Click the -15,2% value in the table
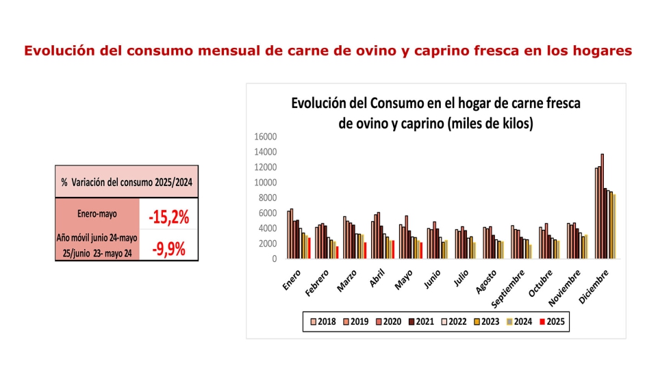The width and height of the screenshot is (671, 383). pos(168,217)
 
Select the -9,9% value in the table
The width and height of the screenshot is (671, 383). pos(168,248)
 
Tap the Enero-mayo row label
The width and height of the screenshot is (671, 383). pos(97,214)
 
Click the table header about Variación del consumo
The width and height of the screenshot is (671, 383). pos(127,182)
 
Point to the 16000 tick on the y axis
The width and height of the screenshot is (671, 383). pos(265,137)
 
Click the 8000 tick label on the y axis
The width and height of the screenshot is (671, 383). pos(267,198)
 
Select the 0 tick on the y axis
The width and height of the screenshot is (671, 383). pos(273,259)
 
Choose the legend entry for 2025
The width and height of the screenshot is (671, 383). pos(552,321)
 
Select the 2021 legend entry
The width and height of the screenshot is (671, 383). pos(421,321)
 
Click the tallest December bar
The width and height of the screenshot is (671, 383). pos(602,206)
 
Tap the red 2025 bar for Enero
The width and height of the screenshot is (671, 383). pos(309,248)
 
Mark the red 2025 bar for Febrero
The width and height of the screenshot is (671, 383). pos(337,252)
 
